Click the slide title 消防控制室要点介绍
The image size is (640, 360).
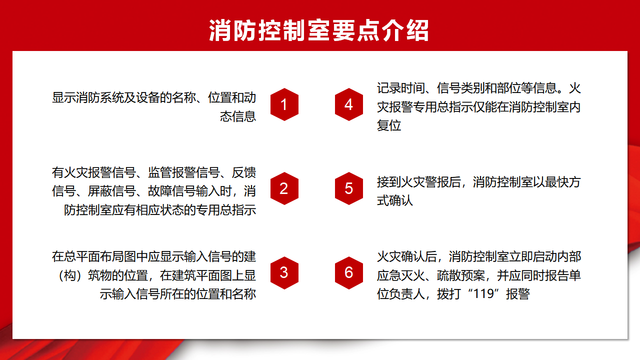pos(319,30)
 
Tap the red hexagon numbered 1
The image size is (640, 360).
pos(284,104)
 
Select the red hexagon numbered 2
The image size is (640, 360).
pos(284,188)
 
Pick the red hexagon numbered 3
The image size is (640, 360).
pos(284,272)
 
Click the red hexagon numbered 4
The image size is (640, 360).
pos(349,104)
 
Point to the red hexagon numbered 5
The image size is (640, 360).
pos(349,188)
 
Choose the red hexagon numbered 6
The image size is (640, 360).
pos(349,272)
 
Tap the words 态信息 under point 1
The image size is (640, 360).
pos(238,116)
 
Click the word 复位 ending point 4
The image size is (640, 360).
pos(389,125)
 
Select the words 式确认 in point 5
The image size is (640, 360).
pos(395,200)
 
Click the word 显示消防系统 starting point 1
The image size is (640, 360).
pos(87,97)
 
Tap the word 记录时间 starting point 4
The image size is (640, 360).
pos(401,88)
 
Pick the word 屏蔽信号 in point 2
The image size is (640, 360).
pos(111,191)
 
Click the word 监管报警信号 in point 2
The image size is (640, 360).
pos(183,172)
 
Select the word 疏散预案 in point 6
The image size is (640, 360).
pos(461,275)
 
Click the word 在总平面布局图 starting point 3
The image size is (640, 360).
pos(93,257)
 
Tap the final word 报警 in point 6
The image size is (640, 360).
pos(518,294)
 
